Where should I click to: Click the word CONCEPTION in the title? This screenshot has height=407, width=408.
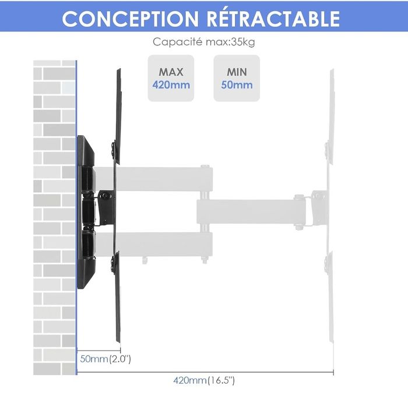click(x=131, y=19)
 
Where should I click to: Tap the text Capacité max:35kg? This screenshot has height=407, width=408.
click(x=204, y=42)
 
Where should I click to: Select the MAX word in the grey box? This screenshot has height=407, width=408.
click(x=171, y=72)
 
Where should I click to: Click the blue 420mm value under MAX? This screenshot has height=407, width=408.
click(x=171, y=85)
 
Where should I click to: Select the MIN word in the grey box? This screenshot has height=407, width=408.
click(x=237, y=72)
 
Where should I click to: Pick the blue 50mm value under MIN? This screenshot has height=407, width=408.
click(x=237, y=85)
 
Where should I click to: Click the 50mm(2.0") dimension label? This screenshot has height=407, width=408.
click(x=105, y=359)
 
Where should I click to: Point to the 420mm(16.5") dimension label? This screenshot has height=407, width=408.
click(x=204, y=380)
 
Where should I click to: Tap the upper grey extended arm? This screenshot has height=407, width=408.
click(x=164, y=179)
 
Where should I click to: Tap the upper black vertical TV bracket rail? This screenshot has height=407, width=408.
click(x=117, y=117)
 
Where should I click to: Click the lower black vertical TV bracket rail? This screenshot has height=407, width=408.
click(x=117, y=296)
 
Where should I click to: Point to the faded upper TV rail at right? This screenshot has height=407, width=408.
click(x=330, y=117)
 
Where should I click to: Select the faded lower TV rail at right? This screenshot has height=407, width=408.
click(x=330, y=296)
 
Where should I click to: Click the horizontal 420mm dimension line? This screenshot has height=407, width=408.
click(x=205, y=372)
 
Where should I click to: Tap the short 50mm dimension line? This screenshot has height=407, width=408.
click(x=99, y=351)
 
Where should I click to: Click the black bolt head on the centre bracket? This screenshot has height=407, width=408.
click(x=105, y=196)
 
